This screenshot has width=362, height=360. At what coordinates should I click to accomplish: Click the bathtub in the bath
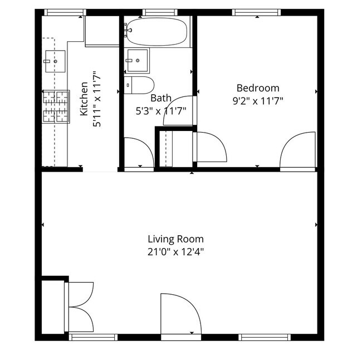click(157, 32)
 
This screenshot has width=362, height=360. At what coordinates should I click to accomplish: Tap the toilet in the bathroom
click(139, 85)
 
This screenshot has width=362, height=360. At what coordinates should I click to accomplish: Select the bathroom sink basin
click(138, 60)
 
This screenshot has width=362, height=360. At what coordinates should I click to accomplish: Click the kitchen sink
click(55, 61)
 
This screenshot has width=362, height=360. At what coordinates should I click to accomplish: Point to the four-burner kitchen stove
click(56, 106)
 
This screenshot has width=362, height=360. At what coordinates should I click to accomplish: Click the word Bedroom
click(258, 88)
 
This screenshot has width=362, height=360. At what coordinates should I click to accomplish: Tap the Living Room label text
click(175, 239)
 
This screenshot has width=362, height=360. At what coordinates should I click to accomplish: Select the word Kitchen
click(84, 99)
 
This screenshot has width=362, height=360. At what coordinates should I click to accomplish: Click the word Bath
click(161, 98)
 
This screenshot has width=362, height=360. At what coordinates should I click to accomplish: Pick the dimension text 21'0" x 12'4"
click(175, 252)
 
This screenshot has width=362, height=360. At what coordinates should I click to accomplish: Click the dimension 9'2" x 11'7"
click(258, 101)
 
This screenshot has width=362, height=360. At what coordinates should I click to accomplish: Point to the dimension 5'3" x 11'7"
click(161, 111)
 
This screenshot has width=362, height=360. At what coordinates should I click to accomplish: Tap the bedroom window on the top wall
click(256, 12)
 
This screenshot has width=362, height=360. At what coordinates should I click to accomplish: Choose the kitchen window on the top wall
click(65, 12)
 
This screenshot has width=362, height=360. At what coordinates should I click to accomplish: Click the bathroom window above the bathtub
click(160, 12)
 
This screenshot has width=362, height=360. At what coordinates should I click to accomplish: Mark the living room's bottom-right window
click(265, 337)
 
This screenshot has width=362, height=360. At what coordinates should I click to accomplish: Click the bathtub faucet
click(127, 30)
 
